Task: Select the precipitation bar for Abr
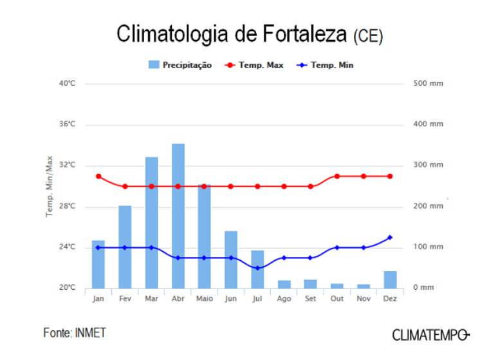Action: [x=178, y=216]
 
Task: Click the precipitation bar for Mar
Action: [x=152, y=222]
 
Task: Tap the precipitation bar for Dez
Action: [x=390, y=279]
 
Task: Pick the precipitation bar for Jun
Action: [x=231, y=259]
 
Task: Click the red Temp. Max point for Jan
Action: [x=98, y=176]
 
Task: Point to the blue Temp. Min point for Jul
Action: [x=257, y=268]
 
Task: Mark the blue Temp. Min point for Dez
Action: [x=390, y=238]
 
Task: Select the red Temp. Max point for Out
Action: [x=337, y=176]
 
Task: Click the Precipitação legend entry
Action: [x=180, y=65]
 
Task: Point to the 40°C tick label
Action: [x=67, y=83]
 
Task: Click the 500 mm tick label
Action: [x=428, y=83]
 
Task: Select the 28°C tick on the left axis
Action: [x=67, y=206]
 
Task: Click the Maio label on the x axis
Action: [x=205, y=299]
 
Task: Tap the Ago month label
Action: [x=284, y=299]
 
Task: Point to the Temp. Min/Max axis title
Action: [x=50, y=186]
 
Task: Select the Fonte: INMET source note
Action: [x=74, y=333]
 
